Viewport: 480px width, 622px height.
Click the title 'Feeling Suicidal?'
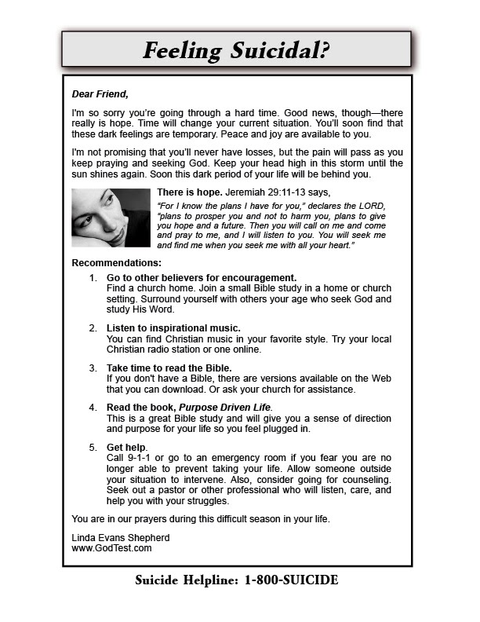pos(236,50)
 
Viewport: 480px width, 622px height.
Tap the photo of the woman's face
pos(111,218)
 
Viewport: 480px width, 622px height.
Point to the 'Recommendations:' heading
pos(116,262)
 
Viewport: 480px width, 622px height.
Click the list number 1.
pos(93,278)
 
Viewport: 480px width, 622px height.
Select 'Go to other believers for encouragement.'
pos(202,278)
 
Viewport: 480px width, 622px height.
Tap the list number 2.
pos(93,327)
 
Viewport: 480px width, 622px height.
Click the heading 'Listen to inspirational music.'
pos(173,327)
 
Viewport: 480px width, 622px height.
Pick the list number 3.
pos(93,368)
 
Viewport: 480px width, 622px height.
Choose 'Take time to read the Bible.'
pos(169,368)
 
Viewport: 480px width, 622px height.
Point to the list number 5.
pos(93,448)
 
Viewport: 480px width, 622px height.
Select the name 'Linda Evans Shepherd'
pos(120,537)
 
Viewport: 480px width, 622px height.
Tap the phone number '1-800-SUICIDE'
pos(291,581)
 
